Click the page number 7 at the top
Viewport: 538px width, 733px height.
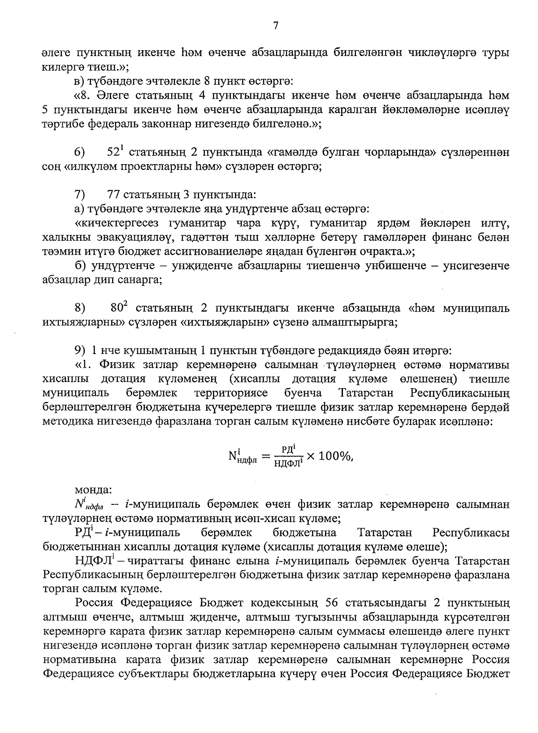(276, 26)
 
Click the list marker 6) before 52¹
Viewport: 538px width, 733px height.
(80, 152)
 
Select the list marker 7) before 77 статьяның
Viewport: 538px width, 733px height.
(80, 195)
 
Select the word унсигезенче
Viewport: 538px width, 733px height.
(476, 266)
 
